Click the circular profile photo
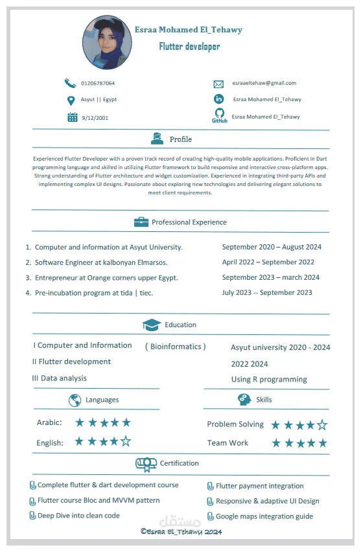pyautogui.click(x=107, y=43)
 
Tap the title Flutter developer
pyautogui.click(x=189, y=46)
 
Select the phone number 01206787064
pyautogui.click(x=98, y=84)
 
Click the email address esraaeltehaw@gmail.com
pyautogui.click(x=264, y=83)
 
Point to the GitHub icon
pyautogui.click(x=219, y=116)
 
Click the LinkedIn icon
pyautogui.click(x=219, y=99)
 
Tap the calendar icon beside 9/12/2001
pyautogui.click(x=73, y=117)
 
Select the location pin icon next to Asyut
pyautogui.click(x=71, y=100)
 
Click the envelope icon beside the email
pyautogui.click(x=218, y=84)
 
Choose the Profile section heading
pyautogui.click(x=180, y=139)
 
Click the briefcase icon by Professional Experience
pyautogui.click(x=141, y=222)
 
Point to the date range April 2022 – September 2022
pyautogui.click(x=268, y=262)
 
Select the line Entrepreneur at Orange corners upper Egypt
pyautogui.click(x=106, y=278)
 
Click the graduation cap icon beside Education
pyautogui.click(x=151, y=325)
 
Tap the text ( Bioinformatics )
pyautogui.click(x=175, y=347)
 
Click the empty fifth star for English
pyautogui.click(x=126, y=442)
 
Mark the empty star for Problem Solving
pyautogui.click(x=321, y=425)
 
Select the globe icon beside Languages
pyautogui.click(x=75, y=400)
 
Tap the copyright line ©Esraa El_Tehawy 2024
pyautogui.click(x=181, y=532)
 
